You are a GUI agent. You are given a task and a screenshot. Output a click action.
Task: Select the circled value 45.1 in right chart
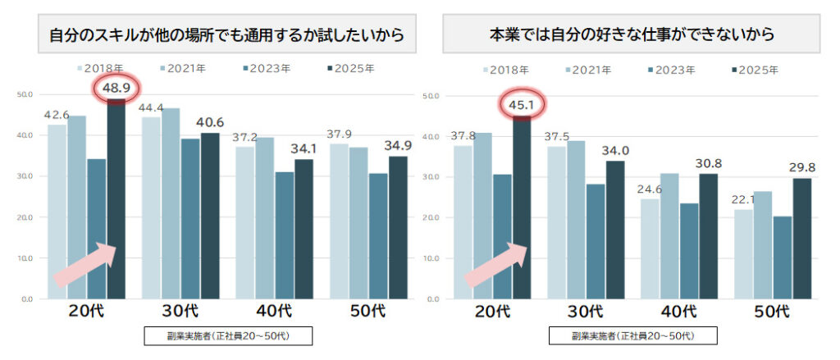point(523,104)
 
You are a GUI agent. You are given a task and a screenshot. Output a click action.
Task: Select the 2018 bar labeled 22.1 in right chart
point(743,253)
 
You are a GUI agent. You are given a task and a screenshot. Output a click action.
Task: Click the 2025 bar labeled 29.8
point(802,238)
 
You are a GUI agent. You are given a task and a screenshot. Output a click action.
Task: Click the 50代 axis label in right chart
point(773,312)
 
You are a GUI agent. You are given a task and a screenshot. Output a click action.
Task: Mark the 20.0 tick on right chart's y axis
point(431,217)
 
